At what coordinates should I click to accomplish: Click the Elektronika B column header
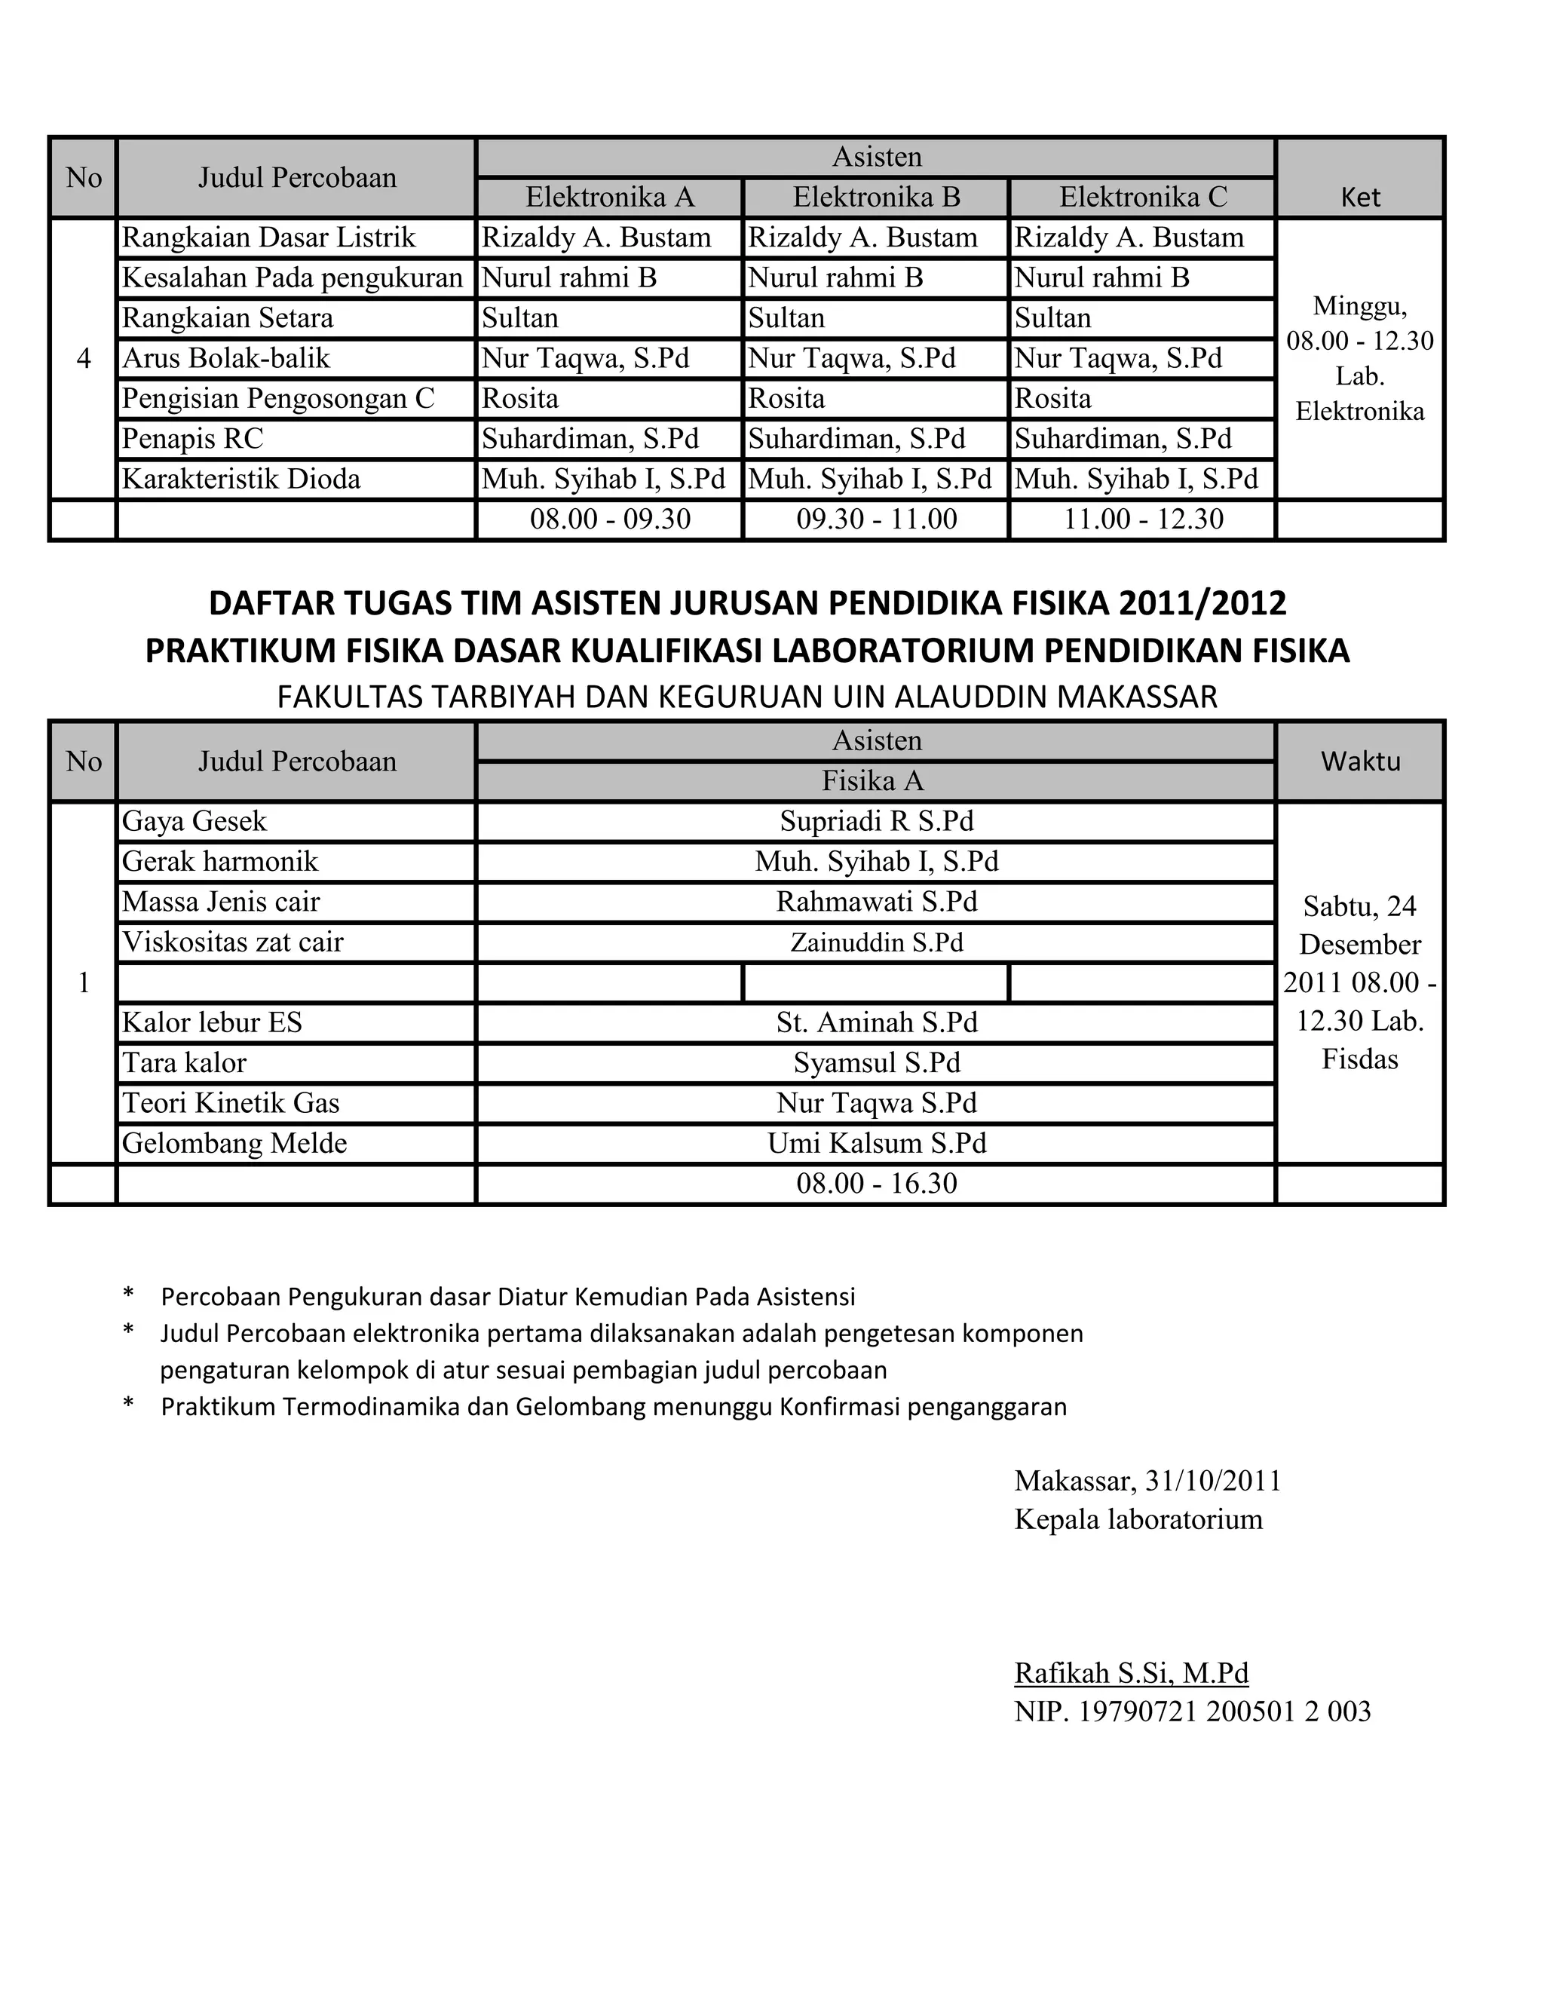pos(875,197)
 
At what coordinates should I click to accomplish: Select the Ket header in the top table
pos(1359,197)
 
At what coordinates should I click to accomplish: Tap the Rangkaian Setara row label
pos(228,318)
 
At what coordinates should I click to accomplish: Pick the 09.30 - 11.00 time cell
pos(875,519)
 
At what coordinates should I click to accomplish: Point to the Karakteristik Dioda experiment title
pos(241,480)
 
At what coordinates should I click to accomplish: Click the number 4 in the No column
pos(83,359)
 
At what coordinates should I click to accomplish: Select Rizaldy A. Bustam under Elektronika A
pos(596,237)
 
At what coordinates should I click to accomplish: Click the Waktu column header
pos(1359,762)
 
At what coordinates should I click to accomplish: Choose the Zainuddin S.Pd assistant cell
pos(875,942)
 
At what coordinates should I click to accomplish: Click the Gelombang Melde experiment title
pos(235,1144)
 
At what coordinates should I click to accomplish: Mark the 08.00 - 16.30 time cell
pos(875,1184)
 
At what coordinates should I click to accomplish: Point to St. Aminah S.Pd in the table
pos(875,1023)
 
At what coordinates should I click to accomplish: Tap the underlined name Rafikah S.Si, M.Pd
pos(1131,1672)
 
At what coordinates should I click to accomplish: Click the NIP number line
pos(1192,1711)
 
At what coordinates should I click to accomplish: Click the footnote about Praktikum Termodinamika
pos(613,1406)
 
